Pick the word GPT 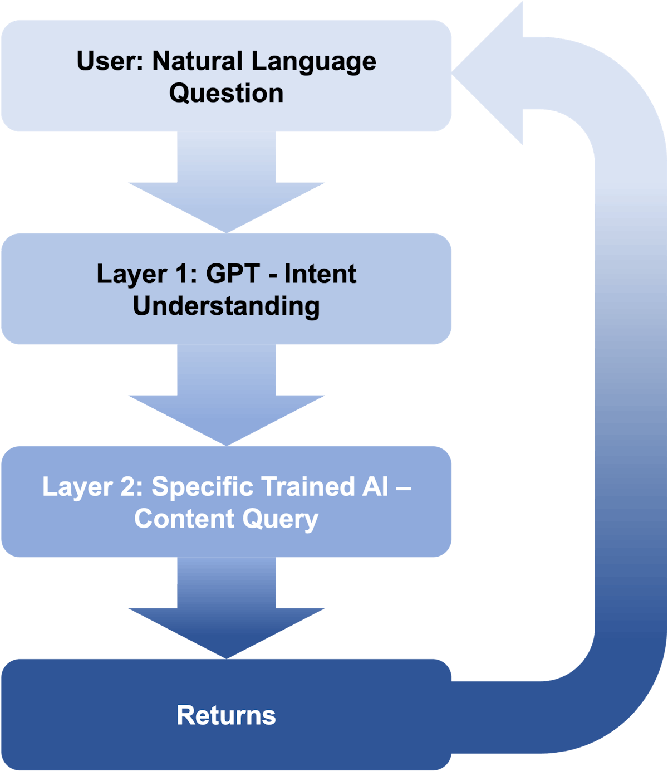coord(233,274)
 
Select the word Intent coord(320,274)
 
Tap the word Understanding coord(226,306)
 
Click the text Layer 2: coord(92,487)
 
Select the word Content coord(176,519)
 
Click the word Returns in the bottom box coord(226,716)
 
